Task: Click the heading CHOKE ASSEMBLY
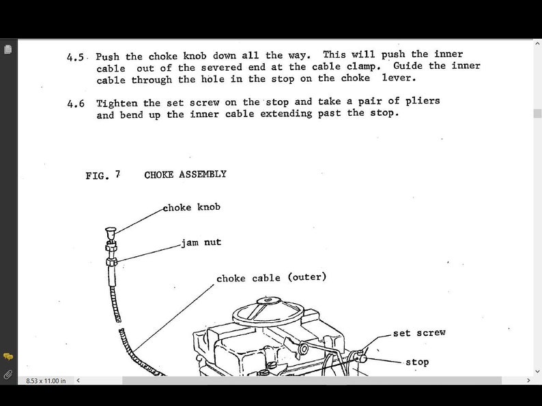pos(185,174)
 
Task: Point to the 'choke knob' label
pos(192,207)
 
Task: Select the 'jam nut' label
pos(201,243)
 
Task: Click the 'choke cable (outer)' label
pos(271,278)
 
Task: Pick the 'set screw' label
pos(419,333)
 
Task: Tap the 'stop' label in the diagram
pos(417,362)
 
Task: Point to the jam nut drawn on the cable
pos(112,262)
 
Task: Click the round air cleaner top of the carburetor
pos(267,312)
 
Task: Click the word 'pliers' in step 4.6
pos(423,101)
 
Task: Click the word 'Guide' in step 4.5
pos(408,66)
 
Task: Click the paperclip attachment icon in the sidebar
pos(8,374)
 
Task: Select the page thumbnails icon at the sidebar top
pos(8,49)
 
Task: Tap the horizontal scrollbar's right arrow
pos(528,380)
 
